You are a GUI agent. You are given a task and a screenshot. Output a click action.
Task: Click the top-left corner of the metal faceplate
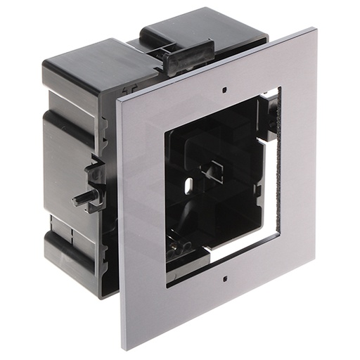pyautogui.click(x=117, y=100)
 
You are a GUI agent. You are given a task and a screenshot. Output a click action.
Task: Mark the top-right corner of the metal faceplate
pyautogui.click(x=314, y=29)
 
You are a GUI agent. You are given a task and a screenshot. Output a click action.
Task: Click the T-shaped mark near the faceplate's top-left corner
pyautogui.click(x=129, y=90)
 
